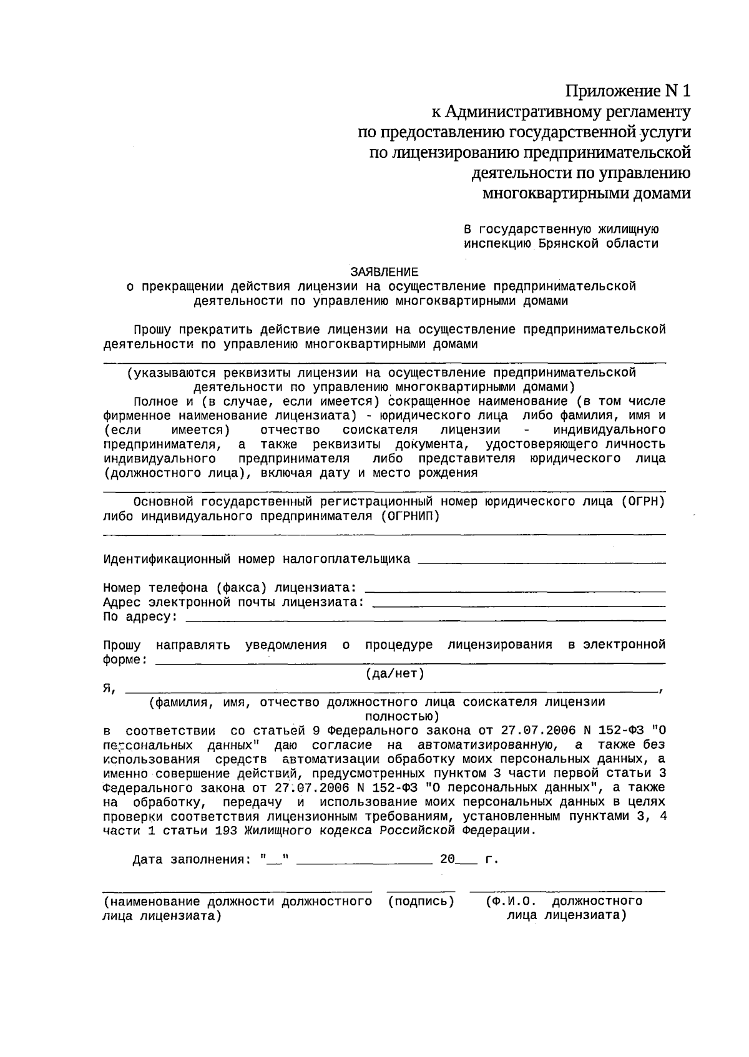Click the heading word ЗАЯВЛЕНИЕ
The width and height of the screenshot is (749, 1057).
pos(384,272)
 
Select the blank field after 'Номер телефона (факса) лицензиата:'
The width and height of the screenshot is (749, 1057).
pos(514,590)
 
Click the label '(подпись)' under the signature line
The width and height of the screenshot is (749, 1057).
pos(421,902)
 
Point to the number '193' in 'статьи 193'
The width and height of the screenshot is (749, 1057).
pos(225,831)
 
